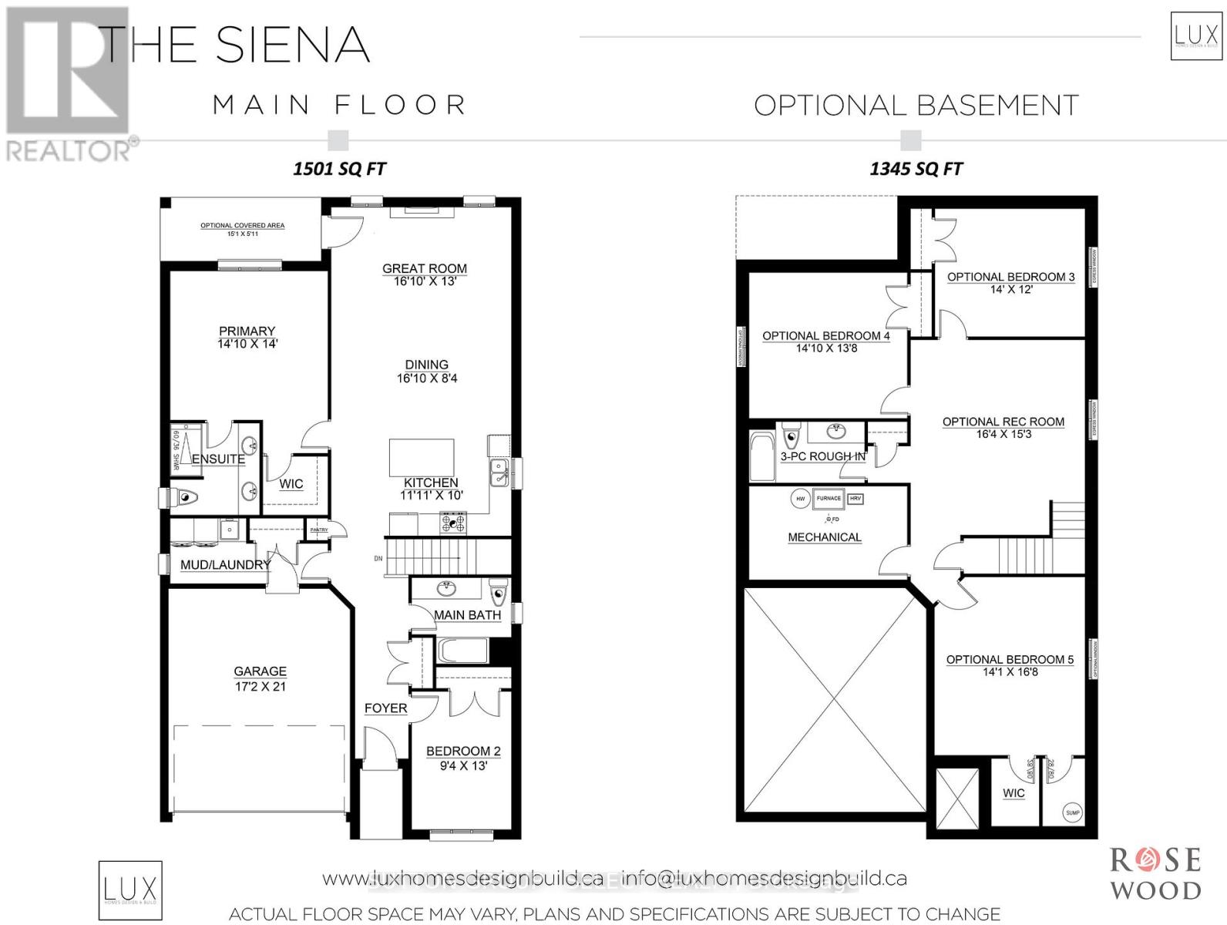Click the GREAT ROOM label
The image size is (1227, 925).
pos(425,269)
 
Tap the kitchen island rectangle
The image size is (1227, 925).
pos(421,458)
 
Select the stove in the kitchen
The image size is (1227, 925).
pos(453,523)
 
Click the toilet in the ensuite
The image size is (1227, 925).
pos(183,498)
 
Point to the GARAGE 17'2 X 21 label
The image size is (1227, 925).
pos(261,678)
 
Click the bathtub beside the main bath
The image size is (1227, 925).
pos(462,651)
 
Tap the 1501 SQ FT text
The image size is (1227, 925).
pos(339,169)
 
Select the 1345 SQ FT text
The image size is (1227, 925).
pos(916,169)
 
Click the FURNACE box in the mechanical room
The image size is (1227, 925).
pos(829,499)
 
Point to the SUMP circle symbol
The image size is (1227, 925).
pos(1072,812)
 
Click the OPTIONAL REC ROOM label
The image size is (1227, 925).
pos(1003,422)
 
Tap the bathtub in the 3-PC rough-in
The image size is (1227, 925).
pos(762,456)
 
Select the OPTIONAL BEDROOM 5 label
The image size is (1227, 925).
pos(1009,660)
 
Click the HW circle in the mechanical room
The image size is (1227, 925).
pos(800,499)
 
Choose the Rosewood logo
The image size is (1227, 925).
pos(1155,873)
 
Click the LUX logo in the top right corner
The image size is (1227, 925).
pos(1195,35)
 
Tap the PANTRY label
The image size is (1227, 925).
pos(318,530)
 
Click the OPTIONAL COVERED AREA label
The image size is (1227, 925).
pos(242,226)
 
